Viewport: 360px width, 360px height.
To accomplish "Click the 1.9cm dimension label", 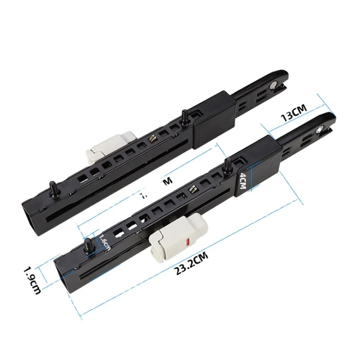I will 33,279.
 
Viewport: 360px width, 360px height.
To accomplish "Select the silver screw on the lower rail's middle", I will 192,190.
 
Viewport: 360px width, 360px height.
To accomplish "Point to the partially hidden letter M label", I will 166,181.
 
